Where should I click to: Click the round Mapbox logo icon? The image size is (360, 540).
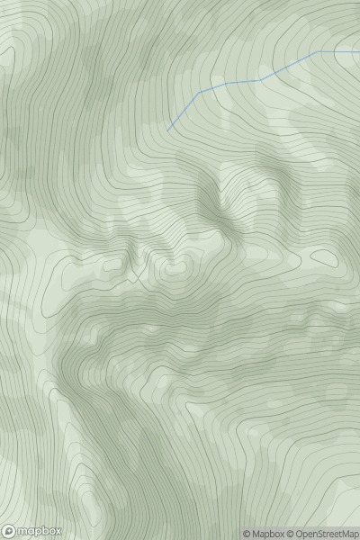pyautogui.click(x=9, y=531)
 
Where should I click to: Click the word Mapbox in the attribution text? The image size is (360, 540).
pyautogui.click(x=267, y=534)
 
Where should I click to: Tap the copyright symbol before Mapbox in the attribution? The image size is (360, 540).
pyautogui.click(x=247, y=534)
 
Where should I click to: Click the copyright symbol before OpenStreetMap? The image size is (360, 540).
pyautogui.click(x=292, y=534)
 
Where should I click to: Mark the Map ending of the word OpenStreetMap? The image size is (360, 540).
pyautogui.click(x=349, y=534)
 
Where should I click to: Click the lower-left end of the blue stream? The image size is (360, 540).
pyautogui.click(x=167, y=130)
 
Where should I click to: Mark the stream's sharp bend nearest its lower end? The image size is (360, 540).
pyautogui.click(x=199, y=92)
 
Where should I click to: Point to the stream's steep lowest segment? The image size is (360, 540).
pyautogui.click(x=183, y=112)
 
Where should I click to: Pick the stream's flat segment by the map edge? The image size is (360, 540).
pyautogui.click(x=338, y=51)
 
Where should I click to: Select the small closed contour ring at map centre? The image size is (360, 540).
pyautogui.click(x=173, y=268)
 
